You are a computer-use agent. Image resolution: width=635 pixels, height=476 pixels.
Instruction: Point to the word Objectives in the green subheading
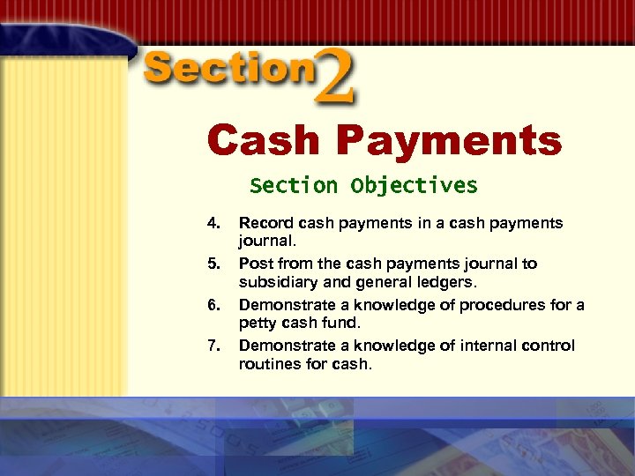pyautogui.click(x=414, y=186)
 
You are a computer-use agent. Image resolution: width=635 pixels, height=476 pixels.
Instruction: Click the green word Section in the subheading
pyautogui.click(x=293, y=186)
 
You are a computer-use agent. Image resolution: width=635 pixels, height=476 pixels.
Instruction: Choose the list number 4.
pyautogui.click(x=213, y=223)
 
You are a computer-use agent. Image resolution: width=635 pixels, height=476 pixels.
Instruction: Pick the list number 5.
pyautogui.click(x=213, y=264)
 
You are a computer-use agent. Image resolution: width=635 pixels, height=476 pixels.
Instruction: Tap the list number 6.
pyautogui.click(x=213, y=305)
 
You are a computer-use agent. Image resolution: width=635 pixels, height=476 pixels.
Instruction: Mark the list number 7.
pyautogui.click(x=213, y=346)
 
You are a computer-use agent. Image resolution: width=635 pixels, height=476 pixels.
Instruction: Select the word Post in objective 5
pyautogui.click(x=255, y=264)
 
